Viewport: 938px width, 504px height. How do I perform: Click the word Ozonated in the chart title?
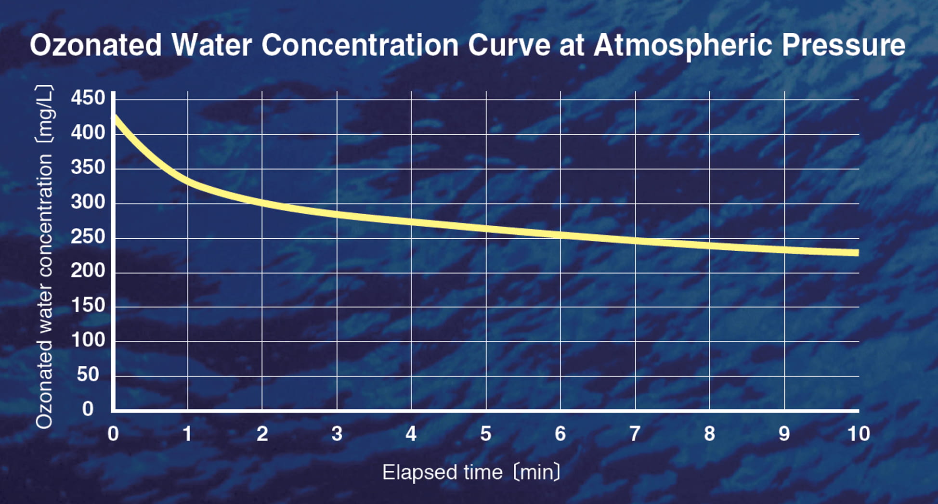[x=96, y=45]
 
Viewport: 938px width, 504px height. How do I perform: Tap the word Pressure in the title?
[x=843, y=45]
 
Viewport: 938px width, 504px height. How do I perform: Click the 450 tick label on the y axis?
[x=88, y=98]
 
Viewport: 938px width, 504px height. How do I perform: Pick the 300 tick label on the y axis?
[x=88, y=202]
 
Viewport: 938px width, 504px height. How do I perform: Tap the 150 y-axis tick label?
[x=88, y=305]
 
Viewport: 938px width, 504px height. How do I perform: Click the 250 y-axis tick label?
[x=88, y=236]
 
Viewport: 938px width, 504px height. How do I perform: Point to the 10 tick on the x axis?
[x=859, y=434]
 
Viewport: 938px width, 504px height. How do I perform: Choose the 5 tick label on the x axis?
[x=486, y=434]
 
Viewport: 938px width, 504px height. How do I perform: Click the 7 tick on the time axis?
[x=635, y=434]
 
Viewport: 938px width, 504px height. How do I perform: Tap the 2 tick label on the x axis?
[x=262, y=434]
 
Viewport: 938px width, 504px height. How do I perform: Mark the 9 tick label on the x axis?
[x=784, y=434]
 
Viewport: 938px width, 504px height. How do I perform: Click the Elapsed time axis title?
[x=471, y=472]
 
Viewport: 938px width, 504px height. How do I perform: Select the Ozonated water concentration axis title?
[x=44, y=257]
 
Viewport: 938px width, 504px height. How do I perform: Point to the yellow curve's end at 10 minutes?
[x=857, y=253]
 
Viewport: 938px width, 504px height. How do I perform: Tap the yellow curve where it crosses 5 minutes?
[x=486, y=228]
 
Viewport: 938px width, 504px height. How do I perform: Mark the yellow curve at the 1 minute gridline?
[x=188, y=182]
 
